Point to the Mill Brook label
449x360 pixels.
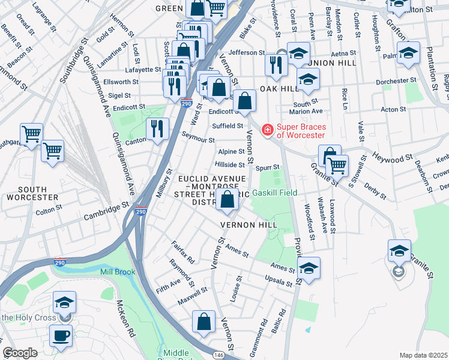pyautogui.click(x=118, y=272)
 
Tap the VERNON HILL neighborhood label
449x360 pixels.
pyautogui.click(x=249, y=224)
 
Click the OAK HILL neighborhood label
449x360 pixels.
pyautogui.click(x=279, y=88)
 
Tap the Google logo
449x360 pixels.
pyautogui.click(x=20, y=353)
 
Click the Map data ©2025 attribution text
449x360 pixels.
pyautogui.click(x=423, y=355)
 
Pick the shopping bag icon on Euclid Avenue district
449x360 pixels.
pyautogui.click(x=228, y=201)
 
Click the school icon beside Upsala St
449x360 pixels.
pyautogui.click(x=308, y=268)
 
